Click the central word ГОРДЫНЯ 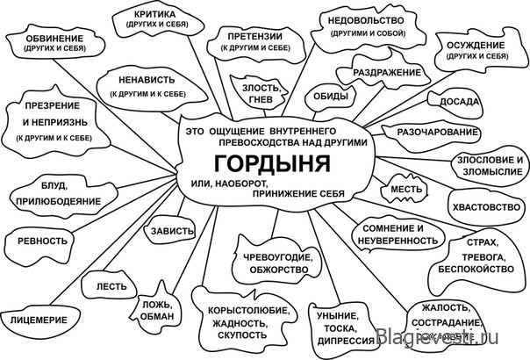click(x=272, y=163)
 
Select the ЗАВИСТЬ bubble click(x=169, y=230)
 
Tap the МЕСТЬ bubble click(x=405, y=189)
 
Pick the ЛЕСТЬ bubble click(x=109, y=286)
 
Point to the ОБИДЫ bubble click(x=330, y=97)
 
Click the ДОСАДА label click(x=459, y=102)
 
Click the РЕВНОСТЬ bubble click(x=39, y=245)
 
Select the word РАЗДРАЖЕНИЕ click(x=387, y=72)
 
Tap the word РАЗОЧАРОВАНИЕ click(x=437, y=132)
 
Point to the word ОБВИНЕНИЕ click(x=54, y=39)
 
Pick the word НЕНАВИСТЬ click(x=147, y=80)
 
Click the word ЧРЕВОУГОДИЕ click(x=278, y=257)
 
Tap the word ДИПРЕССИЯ click(x=346, y=341)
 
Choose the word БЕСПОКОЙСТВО click(x=476, y=269)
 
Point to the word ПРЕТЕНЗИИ click(x=254, y=37)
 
